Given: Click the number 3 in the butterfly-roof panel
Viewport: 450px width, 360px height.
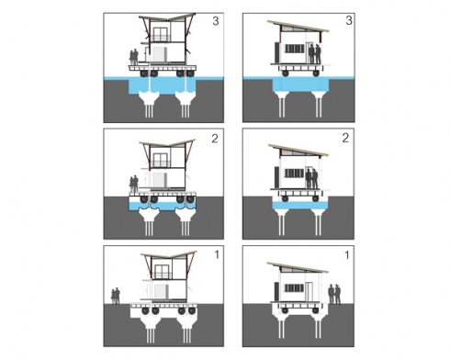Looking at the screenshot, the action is tap(216, 21).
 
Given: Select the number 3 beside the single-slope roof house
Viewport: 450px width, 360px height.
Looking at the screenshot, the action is tap(349, 20).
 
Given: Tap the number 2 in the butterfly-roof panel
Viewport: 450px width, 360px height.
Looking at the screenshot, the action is tap(215, 139).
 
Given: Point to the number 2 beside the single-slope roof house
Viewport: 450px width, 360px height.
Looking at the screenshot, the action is tap(345, 138).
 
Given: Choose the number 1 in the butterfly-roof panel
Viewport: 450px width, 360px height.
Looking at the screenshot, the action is tap(217, 254).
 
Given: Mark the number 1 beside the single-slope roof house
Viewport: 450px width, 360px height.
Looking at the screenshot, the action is tap(347, 255).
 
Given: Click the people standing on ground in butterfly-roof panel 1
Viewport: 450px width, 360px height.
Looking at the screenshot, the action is tap(116, 296).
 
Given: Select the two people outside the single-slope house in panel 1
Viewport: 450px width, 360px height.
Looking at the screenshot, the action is tap(334, 294).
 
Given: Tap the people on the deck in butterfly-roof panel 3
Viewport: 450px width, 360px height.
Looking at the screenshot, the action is tap(134, 57).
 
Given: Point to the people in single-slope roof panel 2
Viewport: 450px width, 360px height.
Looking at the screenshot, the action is tap(312, 178).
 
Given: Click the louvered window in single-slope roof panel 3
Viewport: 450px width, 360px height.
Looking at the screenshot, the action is tap(295, 49).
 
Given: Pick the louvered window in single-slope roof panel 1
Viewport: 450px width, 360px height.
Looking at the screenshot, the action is tap(295, 288).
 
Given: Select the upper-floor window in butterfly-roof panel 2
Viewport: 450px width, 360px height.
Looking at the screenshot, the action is tap(160, 160).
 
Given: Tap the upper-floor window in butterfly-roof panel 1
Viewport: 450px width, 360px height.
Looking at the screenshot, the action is tap(162, 272).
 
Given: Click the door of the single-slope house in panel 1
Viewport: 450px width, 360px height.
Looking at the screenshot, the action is tap(309, 292).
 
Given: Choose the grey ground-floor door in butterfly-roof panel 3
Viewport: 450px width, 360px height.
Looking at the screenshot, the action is tap(159, 55).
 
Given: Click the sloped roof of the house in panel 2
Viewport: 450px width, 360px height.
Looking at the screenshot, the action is tap(298, 150).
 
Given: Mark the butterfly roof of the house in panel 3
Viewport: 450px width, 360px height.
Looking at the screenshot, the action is tap(167, 17).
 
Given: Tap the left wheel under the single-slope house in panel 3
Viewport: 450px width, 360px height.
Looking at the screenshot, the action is tap(286, 73).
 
